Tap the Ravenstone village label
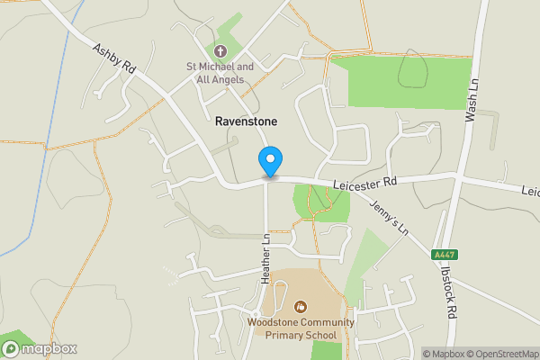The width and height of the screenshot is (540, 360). click(x=246, y=121)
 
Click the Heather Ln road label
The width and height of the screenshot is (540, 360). click(x=265, y=259)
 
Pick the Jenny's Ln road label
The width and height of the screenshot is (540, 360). click(x=389, y=217)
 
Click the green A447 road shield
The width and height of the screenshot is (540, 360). click(x=444, y=255)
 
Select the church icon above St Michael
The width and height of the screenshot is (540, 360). click(x=220, y=49)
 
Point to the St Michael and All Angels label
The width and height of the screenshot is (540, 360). click(x=220, y=73)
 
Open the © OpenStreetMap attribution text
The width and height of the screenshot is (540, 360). click(x=497, y=353)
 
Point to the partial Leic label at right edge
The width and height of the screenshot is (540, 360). click(x=531, y=191)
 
